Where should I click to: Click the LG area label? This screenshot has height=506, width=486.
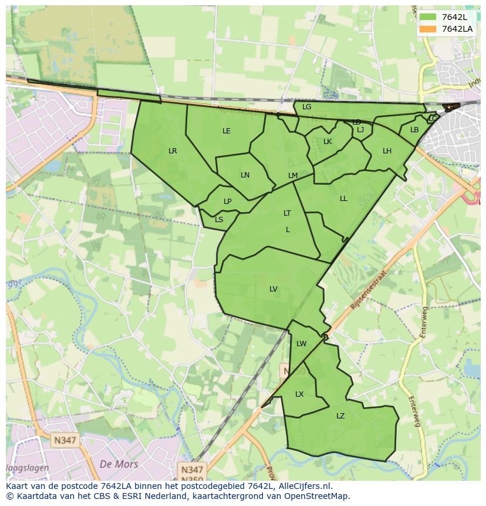coord(306,107)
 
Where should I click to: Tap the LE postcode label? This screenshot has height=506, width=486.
coord(227,131)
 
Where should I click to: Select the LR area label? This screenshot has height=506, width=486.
coord(173,151)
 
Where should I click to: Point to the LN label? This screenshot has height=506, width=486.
coord(245,175)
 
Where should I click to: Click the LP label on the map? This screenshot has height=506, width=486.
coord(227,202)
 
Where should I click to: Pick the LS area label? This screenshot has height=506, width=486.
coord(219,220)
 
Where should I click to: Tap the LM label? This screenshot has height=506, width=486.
coord(293,176)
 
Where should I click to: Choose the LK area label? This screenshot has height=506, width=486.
coord(328,142)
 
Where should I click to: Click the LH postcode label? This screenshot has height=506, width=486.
coord(387,151)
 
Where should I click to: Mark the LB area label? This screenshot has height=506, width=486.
coord(414,130)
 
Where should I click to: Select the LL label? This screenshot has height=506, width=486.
coord(343,199)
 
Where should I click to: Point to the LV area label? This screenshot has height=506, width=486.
coord(274,289)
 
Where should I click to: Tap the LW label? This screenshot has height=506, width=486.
coord(301,344)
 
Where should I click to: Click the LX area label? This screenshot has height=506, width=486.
coord(299,394)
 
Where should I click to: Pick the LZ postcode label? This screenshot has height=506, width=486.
coord(340,416)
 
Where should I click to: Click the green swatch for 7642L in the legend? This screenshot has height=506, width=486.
coord(428,17)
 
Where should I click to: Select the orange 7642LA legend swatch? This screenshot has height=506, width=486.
coord(428,29)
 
